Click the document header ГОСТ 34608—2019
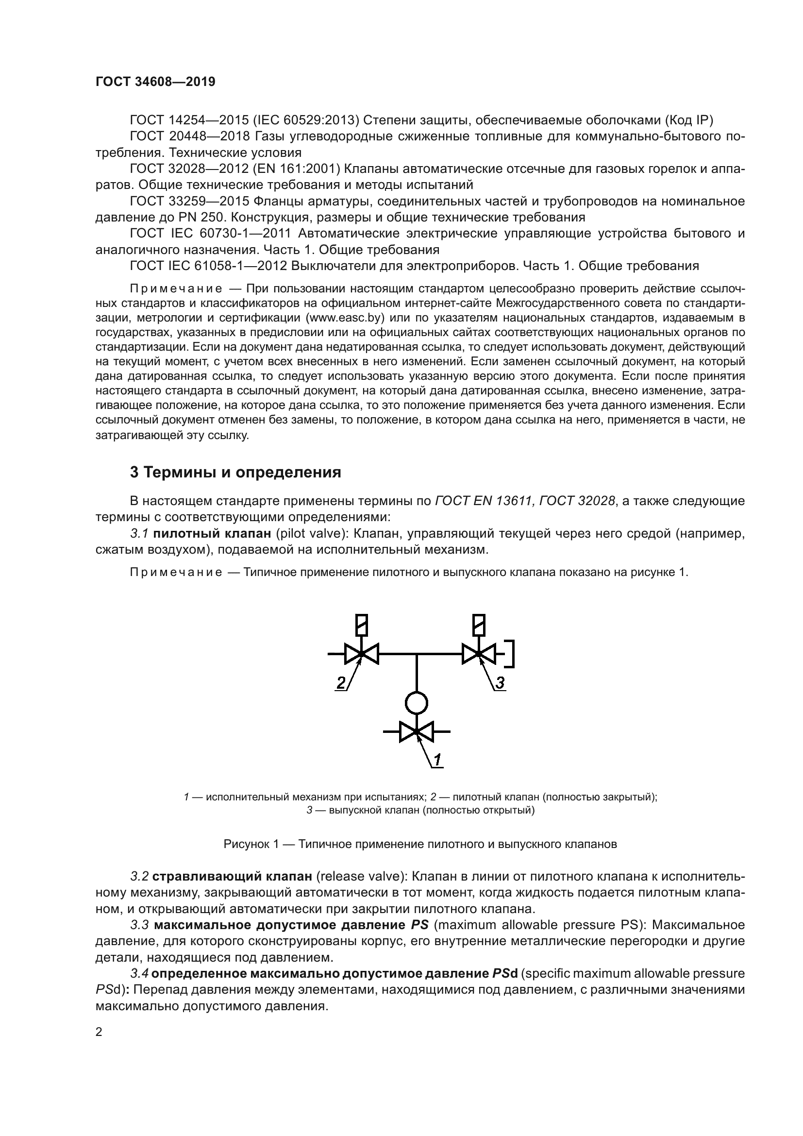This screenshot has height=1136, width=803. (155, 82)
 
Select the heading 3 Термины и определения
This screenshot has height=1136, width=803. (235, 473)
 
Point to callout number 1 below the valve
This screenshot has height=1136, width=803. (437, 760)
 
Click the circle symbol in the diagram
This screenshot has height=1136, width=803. (417, 703)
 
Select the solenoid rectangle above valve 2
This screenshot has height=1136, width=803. (362, 625)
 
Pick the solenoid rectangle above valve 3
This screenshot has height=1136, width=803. (479, 625)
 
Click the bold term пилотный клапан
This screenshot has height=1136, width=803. (212, 533)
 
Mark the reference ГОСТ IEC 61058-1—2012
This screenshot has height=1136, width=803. (208, 266)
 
